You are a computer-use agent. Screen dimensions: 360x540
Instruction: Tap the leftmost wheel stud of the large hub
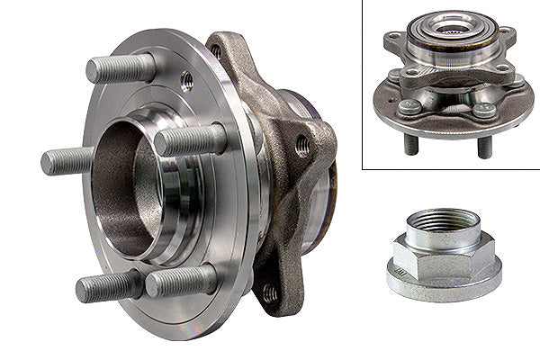(x=68, y=161)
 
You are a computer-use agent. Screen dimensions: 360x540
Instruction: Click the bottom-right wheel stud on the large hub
(x=180, y=282)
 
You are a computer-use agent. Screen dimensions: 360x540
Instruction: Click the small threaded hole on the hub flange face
(x=187, y=81)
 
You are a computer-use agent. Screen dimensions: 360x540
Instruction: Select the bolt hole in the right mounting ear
(x=303, y=145)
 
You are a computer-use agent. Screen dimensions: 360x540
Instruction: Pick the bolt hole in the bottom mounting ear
(x=269, y=292)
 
